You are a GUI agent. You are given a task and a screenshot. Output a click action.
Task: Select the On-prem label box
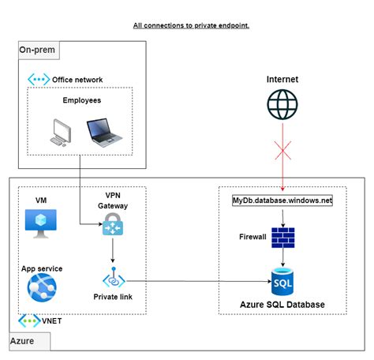coord(38,51)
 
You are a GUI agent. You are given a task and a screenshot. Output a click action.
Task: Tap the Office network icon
coord(38,80)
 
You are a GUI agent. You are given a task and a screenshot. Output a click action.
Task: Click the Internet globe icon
coord(282,106)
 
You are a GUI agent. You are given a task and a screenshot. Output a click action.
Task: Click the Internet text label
coord(282,80)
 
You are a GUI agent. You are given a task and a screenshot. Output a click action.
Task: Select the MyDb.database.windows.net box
coord(282,201)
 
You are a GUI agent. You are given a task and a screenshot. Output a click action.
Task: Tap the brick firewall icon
coord(282,237)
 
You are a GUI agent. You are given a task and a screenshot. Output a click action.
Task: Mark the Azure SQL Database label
coord(282,305)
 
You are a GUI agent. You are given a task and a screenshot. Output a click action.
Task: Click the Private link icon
coord(114,279)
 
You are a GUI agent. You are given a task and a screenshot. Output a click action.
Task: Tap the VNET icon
coord(29,322)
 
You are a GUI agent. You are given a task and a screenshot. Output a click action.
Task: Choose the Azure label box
coord(29,342)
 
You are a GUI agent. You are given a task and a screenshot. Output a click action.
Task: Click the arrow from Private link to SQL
coord(197,280)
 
